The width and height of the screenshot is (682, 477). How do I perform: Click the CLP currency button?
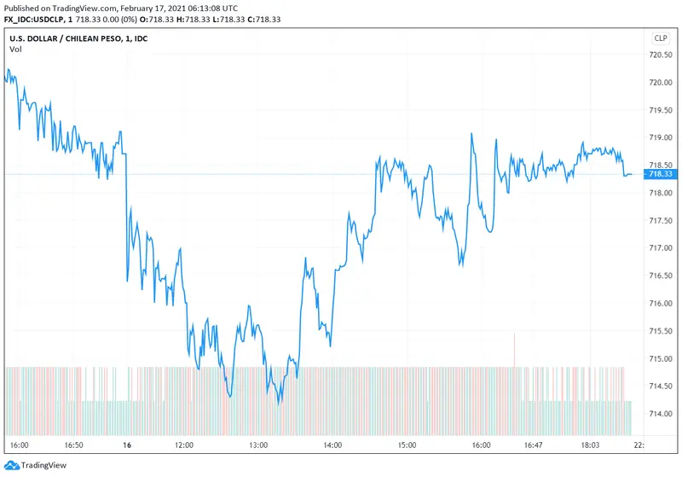(661, 38)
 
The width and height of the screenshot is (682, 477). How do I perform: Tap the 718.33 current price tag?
(661, 174)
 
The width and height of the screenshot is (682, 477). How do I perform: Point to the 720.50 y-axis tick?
(661, 54)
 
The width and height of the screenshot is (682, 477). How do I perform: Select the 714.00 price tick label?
(661, 413)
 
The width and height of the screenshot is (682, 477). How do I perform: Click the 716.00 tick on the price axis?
(661, 303)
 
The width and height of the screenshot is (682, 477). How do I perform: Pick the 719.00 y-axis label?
(661, 137)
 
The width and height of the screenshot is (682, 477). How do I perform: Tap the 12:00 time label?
(184, 445)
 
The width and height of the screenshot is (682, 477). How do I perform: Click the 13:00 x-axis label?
(258, 445)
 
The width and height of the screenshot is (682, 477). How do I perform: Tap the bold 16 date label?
(125, 445)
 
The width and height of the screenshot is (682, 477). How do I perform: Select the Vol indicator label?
(15, 49)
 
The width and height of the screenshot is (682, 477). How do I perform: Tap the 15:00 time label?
(407, 445)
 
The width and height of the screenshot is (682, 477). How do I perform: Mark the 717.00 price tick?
(661, 247)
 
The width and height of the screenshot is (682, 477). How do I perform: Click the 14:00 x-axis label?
(332, 445)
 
